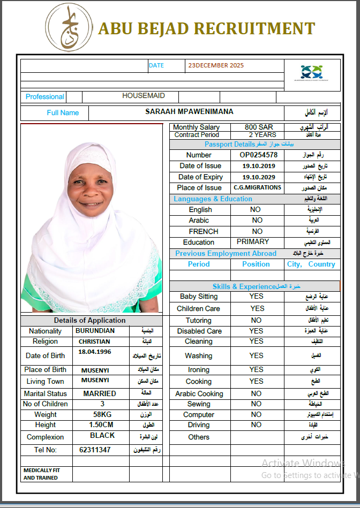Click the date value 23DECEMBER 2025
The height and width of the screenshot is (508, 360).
point(215,66)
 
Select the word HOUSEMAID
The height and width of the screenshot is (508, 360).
point(143,96)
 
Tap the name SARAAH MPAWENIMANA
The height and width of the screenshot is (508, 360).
point(189,112)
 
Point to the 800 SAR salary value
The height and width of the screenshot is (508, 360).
point(259,127)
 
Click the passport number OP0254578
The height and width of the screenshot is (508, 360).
point(258,155)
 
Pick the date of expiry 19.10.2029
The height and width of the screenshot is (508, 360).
point(258,177)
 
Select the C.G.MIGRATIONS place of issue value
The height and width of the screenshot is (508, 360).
point(257,188)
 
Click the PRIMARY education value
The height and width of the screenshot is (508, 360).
point(253,242)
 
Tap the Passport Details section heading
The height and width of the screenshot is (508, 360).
point(229,145)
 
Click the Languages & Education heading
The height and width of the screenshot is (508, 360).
point(213,199)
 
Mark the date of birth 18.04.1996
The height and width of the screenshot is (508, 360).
point(94,352)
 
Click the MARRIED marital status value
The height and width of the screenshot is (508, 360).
point(99,393)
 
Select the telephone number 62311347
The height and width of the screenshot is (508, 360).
point(95,450)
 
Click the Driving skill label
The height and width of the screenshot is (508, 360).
point(199,425)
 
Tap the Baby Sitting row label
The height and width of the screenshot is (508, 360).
point(199,297)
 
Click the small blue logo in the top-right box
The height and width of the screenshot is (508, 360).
point(311,71)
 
